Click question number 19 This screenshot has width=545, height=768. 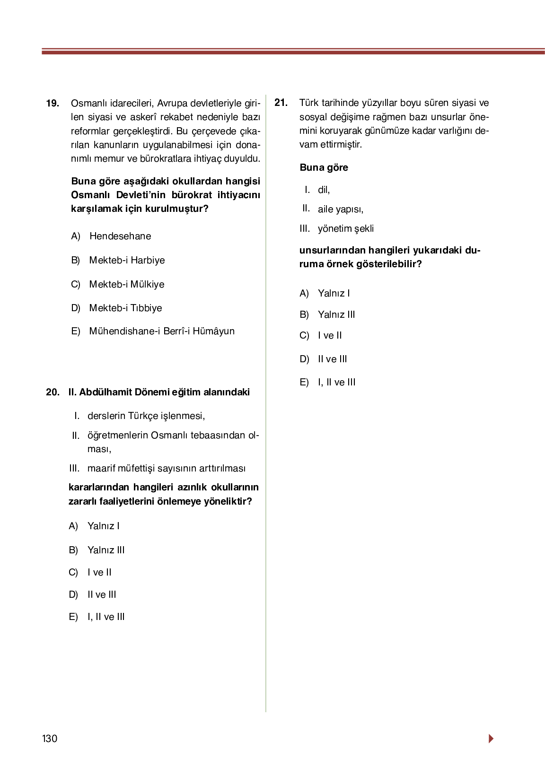[53, 103]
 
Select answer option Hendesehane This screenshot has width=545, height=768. [120, 236]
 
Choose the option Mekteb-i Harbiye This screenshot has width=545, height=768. [127, 260]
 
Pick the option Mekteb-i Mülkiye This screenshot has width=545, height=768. [127, 284]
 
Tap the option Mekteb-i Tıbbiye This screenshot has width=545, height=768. [125, 308]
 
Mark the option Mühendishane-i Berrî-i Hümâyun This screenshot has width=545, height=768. [162, 331]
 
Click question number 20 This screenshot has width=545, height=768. [53, 392]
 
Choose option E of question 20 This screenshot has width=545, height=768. [106, 617]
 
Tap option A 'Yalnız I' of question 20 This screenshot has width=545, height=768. [103, 526]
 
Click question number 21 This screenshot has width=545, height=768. [281, 103]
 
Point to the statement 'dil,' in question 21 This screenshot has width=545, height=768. [324, 190]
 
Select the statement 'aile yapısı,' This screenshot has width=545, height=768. [341, 209]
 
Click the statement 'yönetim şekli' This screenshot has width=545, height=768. [345, 228]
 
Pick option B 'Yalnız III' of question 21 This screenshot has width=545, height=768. [336, 314]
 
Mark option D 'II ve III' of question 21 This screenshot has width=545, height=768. [332, 359]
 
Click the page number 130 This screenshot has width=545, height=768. [50, 739]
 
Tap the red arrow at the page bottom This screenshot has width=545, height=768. [491, 738]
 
